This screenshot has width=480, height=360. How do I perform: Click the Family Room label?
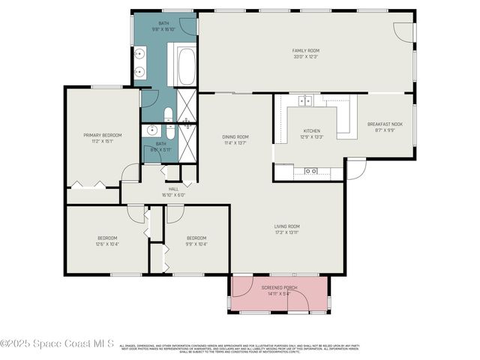pyautogui.click(x=305, y=50)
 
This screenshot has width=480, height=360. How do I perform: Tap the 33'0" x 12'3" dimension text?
pyautogui.click(x=305, y=56)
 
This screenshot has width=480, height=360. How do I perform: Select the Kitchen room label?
pyautogui.click(x=311, y=130)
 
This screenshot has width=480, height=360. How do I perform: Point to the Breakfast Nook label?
pyautogui.click(x=385, y=124)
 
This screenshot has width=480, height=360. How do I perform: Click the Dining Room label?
pyautogui.click(x=235, y=136)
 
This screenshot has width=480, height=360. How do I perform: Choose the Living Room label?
pyautogui.click(x=286, y=226)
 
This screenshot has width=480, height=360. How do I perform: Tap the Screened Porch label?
pyautogui.click(x=279, y=287)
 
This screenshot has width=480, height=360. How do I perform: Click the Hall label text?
pyautogui.click(x=173, y=189)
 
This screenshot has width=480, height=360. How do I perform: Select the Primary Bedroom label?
pyautogui.click(x=102, y=135)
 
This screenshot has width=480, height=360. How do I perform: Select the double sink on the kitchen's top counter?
pyautogui.click(x=305, y=100)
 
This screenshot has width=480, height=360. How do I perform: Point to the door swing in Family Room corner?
pyautogui.click(x=405, y=31)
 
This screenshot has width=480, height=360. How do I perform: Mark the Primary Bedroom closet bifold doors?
pyautogui.click(x=88, y=184)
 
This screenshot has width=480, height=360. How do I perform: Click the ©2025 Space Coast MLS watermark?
pyautogui.click(x=57, y=343)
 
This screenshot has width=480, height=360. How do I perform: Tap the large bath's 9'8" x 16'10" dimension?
pyautogui.click(x=163, y=29)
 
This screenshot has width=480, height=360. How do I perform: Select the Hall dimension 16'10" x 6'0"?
pyautogui.click(x=173, y=195)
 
